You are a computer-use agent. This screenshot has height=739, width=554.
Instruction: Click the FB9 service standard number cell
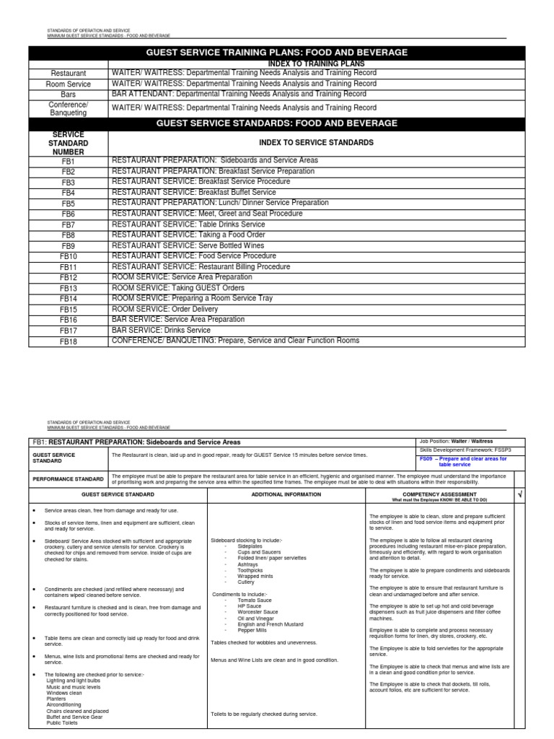point(69,246)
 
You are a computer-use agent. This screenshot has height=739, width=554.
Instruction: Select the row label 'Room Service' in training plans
point(69,84)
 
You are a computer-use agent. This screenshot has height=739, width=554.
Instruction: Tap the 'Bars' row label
point(69,95)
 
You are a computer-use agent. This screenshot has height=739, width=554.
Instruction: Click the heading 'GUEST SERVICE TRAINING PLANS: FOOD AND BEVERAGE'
point(277,53)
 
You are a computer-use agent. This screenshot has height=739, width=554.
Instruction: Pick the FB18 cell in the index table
point(69,341)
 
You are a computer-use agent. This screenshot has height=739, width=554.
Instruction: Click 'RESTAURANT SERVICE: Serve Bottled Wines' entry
point(188,245)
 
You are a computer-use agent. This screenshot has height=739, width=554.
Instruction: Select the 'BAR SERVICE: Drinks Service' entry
point(161,330)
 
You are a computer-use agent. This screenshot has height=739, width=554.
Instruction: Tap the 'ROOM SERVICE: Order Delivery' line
point(164,309)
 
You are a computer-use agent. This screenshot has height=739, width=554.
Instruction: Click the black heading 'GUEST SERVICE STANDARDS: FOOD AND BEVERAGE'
point(277,123)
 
